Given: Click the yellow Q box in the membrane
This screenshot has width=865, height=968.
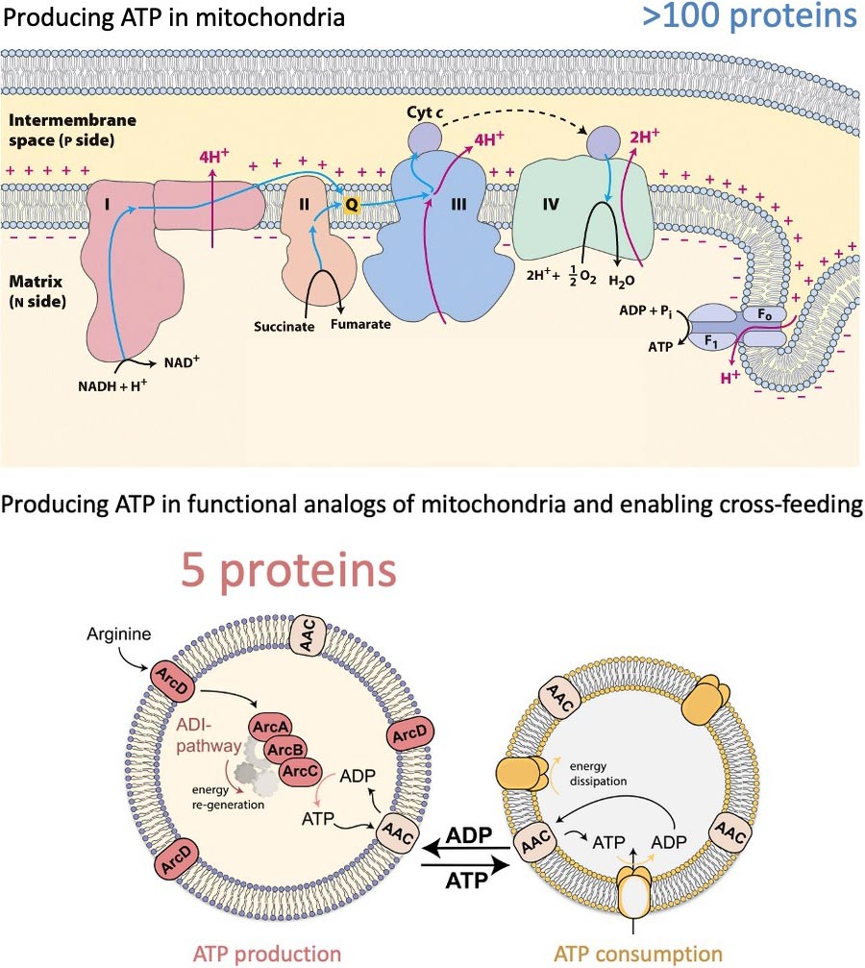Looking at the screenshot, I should (352, 204).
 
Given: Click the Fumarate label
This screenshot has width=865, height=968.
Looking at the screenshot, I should (361, 325).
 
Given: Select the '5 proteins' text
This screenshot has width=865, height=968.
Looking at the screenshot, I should (287, 570).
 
